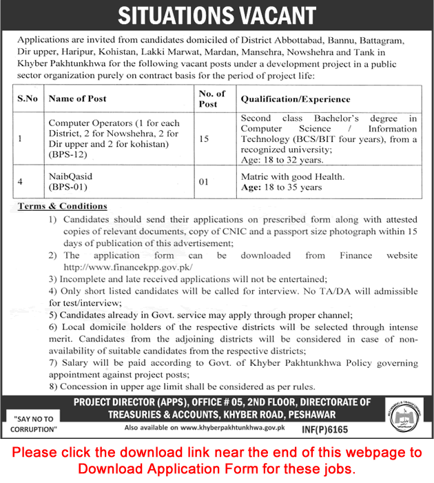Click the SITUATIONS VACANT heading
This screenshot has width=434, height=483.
tap(217, 15)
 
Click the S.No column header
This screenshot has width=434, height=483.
tap(27, 99)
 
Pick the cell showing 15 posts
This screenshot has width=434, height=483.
tap(203, 139)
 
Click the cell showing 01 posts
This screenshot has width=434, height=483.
tap(203, 182)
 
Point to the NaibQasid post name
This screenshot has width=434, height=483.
tap(70, 176)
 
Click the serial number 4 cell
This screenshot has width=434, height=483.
tap(21, 182)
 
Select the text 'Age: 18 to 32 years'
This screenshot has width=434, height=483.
tap(282, 160)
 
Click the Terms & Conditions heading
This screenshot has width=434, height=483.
tap(62, 206)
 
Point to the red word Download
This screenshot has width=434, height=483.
tap(107, 469)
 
